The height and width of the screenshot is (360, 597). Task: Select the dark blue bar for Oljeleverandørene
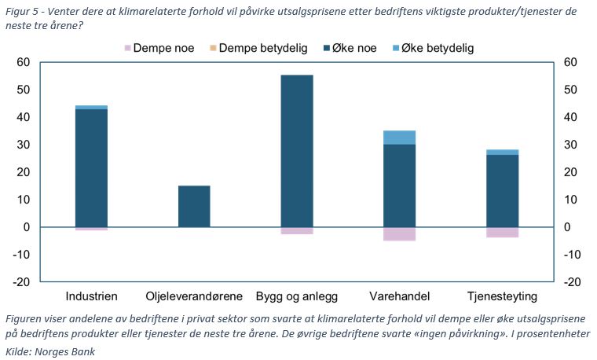coord(194,206)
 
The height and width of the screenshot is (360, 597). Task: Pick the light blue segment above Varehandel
coord(399,138)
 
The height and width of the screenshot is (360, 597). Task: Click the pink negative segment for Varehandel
coord(399,233)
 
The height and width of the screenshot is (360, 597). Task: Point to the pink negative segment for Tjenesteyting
coord(502,232)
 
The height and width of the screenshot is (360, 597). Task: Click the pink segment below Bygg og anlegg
coord(297,230)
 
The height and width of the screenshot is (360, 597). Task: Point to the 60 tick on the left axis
coord(23,62)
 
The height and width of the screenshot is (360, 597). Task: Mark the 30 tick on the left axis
coord(23,145)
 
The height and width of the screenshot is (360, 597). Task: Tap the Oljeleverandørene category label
coord(194,297)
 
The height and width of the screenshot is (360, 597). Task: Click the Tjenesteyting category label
coord(502,297)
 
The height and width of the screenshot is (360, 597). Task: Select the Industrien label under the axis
coord(91,297)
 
